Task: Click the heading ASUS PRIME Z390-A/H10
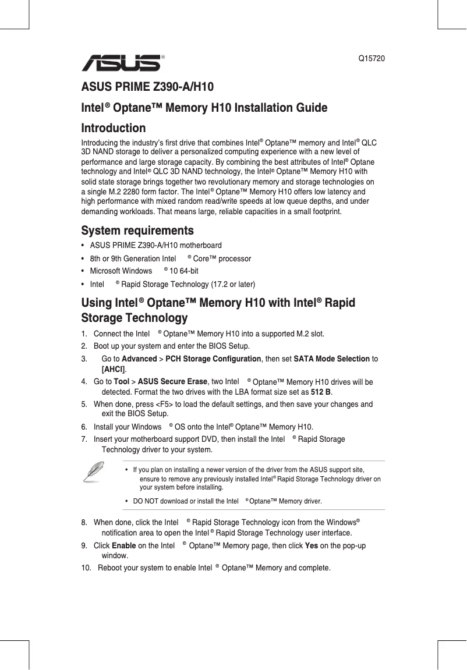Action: (x=147, y=88)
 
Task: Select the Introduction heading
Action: (x=114, y=128)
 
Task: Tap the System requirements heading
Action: (x=137, y=231)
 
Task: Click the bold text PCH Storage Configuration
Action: (x=213, y=359)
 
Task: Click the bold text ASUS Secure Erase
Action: (x=172, y=382)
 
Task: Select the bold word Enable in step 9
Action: (x=123, y=546)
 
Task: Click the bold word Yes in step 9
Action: (x=311, y=546)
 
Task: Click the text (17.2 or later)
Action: (x=228, y=285)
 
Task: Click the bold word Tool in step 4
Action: (x=122, y=382)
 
